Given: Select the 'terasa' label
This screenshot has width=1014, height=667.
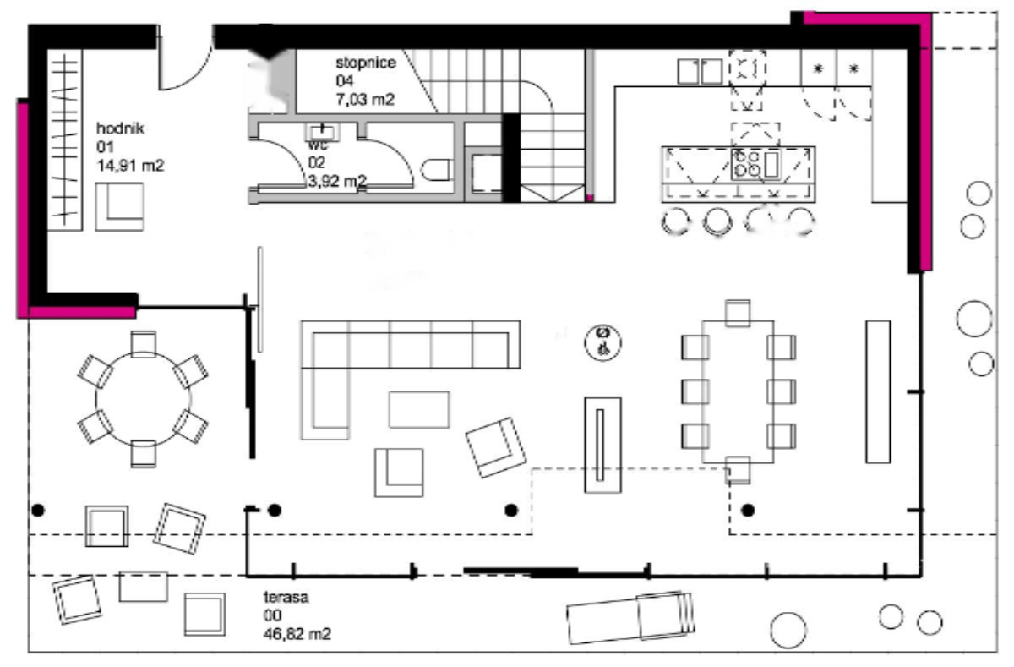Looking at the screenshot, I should [x=286, y=597].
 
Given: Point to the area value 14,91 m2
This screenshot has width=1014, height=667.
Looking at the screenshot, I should [x=131, y=167].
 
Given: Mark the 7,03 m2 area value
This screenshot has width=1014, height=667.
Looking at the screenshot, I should [x=366, y=99].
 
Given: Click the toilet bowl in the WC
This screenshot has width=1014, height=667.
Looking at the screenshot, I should [x=435, y=170].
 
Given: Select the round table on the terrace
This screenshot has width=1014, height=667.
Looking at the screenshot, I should [x=143, y=398].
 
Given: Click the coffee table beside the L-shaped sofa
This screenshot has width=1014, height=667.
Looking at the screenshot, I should [x=419, y=409].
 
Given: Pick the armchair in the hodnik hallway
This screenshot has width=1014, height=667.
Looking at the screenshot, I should [x=119, y=206].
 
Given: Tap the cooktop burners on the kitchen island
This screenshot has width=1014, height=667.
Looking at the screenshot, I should [x=747, y=163].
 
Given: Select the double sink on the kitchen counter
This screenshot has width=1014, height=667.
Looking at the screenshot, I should [x=700, y=72].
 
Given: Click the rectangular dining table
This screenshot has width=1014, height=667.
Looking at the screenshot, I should [x=738, y=391].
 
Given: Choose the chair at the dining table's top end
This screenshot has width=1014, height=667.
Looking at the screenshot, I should [x=738, y=312].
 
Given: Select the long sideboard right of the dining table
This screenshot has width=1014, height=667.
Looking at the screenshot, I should [x=878, y=391].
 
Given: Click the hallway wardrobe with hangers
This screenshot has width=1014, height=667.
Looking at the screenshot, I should [x=65, y=139].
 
